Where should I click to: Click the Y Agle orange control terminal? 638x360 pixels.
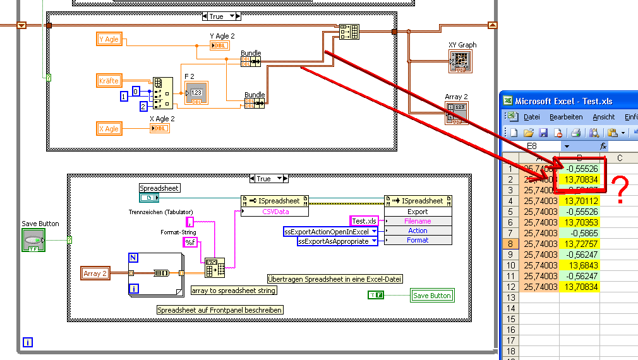coord(109,39)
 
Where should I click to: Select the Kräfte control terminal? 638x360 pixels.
coord(109,81)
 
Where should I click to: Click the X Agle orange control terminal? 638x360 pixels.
coord(109,129)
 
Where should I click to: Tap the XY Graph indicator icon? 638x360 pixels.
coord(461,61)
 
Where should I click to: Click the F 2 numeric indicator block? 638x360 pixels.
coord(196,93)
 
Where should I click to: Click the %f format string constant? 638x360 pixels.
coord(190,242)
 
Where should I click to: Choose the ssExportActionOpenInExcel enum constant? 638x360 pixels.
coord(330,231)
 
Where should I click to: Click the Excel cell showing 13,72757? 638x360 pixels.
coord(579,244)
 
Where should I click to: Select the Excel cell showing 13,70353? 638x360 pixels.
coord(579,222)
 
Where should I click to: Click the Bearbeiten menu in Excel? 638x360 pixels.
coord(565,117)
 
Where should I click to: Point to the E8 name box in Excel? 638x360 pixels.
coord(537,146)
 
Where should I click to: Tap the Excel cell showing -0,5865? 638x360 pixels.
coord(579,233)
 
